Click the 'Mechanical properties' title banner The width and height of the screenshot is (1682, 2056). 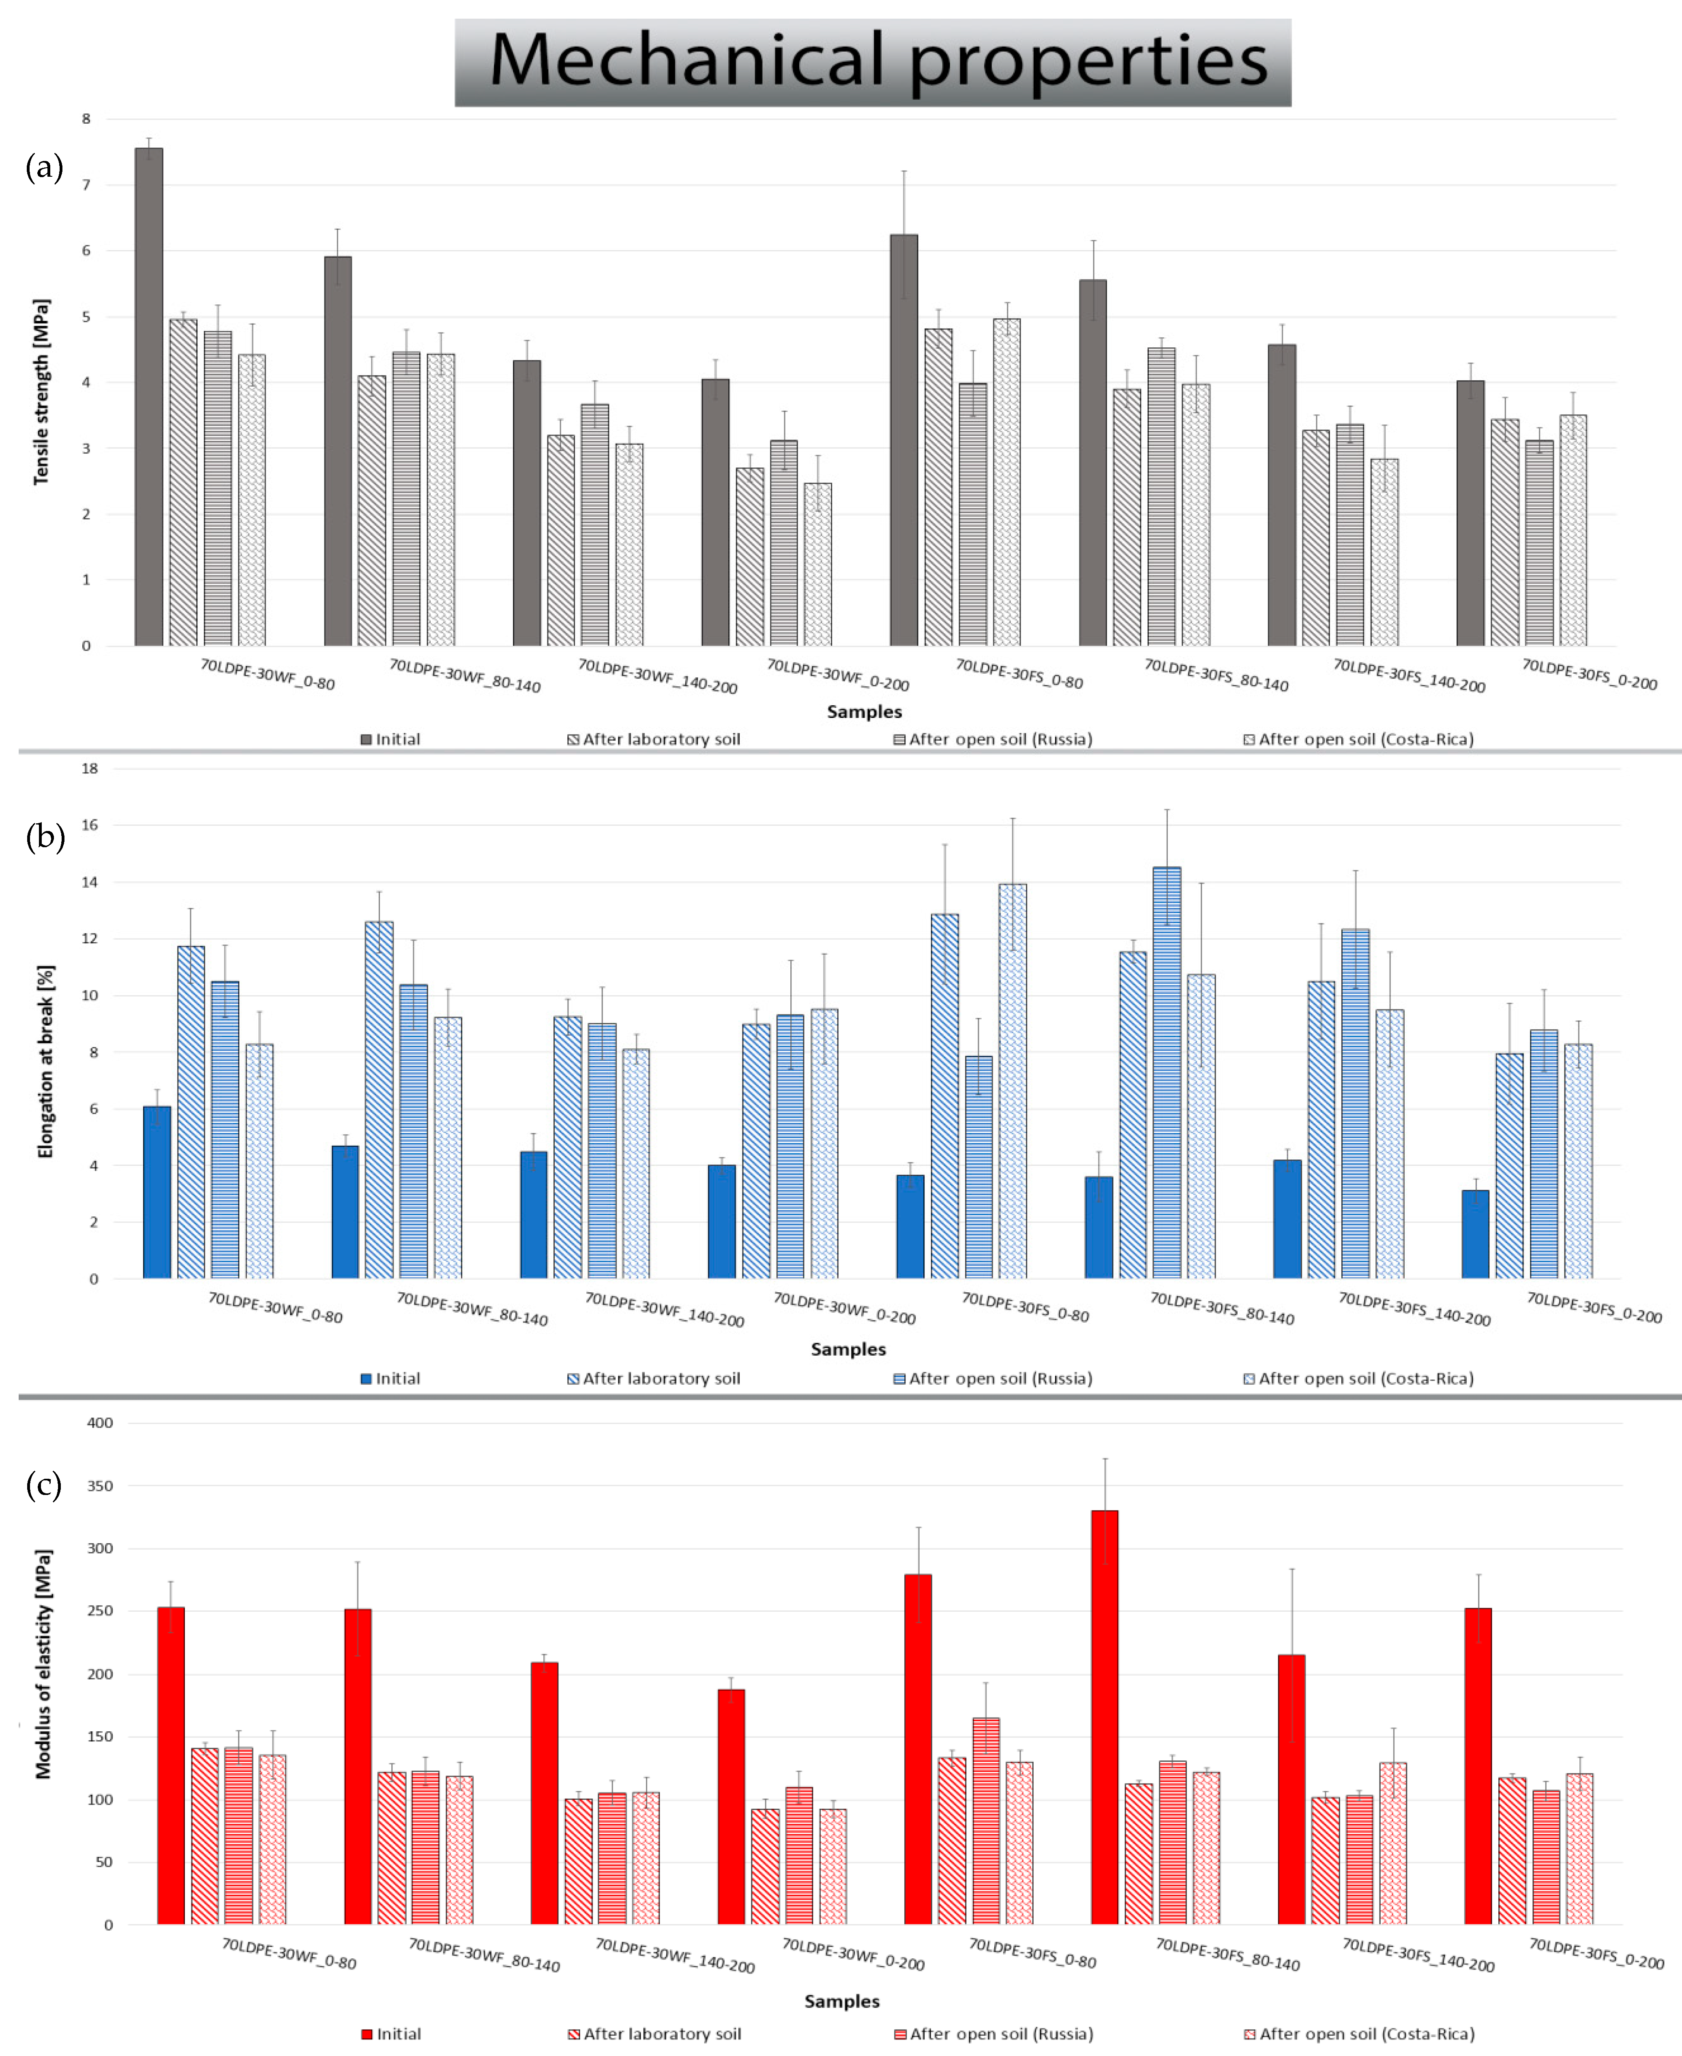pos(873,62)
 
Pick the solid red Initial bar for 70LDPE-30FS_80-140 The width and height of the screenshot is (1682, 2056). pos(1105,1717)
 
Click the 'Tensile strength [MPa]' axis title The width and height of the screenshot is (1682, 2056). pos(41,392)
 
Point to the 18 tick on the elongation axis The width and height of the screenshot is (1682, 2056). pos(90,768)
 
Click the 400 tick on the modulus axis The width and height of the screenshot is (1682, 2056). pos(100,1423)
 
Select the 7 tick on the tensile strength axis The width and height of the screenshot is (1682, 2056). pos(86,184)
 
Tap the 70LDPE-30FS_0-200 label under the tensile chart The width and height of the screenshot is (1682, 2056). pos(1589,674)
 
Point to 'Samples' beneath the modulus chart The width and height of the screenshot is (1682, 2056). pos(842,2001)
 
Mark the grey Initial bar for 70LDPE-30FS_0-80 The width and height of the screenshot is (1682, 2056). pos(904,440)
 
